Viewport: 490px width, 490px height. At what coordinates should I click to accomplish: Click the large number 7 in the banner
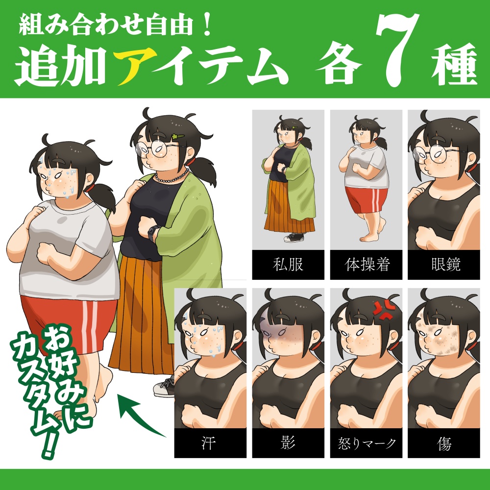point(396,51)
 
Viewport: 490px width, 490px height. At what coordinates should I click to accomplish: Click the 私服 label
point(288,265)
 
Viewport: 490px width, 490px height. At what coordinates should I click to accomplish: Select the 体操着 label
point(366,265)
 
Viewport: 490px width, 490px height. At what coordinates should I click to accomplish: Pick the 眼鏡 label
point(444,265)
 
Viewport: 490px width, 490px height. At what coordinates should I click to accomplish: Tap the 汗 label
point(210,444)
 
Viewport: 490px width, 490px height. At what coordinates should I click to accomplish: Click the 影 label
point(288,444)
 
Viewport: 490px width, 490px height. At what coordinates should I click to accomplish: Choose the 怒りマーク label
point(366,444)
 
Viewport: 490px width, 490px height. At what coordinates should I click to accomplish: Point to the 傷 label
point(444,444)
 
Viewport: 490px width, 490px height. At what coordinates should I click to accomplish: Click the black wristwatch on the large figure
point(153,232)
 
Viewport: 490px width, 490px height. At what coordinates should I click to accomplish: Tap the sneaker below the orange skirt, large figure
point(164,387)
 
